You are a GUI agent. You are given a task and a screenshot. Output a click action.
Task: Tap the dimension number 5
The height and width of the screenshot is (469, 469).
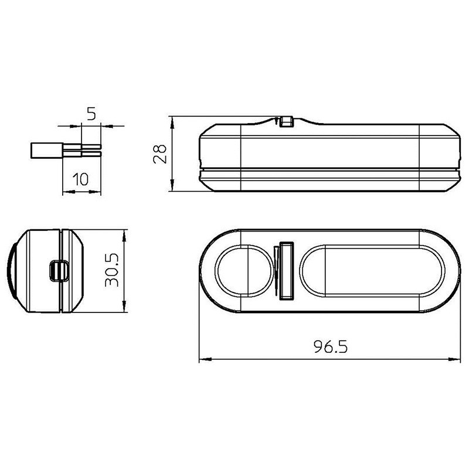[x=90, y=114]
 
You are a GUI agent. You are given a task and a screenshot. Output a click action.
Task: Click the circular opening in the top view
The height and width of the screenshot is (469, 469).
[x=244, y=271]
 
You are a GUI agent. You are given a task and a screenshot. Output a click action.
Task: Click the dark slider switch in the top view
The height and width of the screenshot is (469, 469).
[x=287, y=270]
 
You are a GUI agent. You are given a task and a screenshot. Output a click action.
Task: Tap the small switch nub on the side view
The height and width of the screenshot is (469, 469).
[x=286, y=121]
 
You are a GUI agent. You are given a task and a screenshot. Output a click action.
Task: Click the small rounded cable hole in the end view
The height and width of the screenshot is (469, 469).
[x=58, y=270]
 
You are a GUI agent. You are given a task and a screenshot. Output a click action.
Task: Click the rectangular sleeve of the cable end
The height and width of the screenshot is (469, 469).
[x=46, y=150]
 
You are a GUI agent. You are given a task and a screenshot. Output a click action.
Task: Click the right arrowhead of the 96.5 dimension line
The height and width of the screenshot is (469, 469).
[x=458, y=359]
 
